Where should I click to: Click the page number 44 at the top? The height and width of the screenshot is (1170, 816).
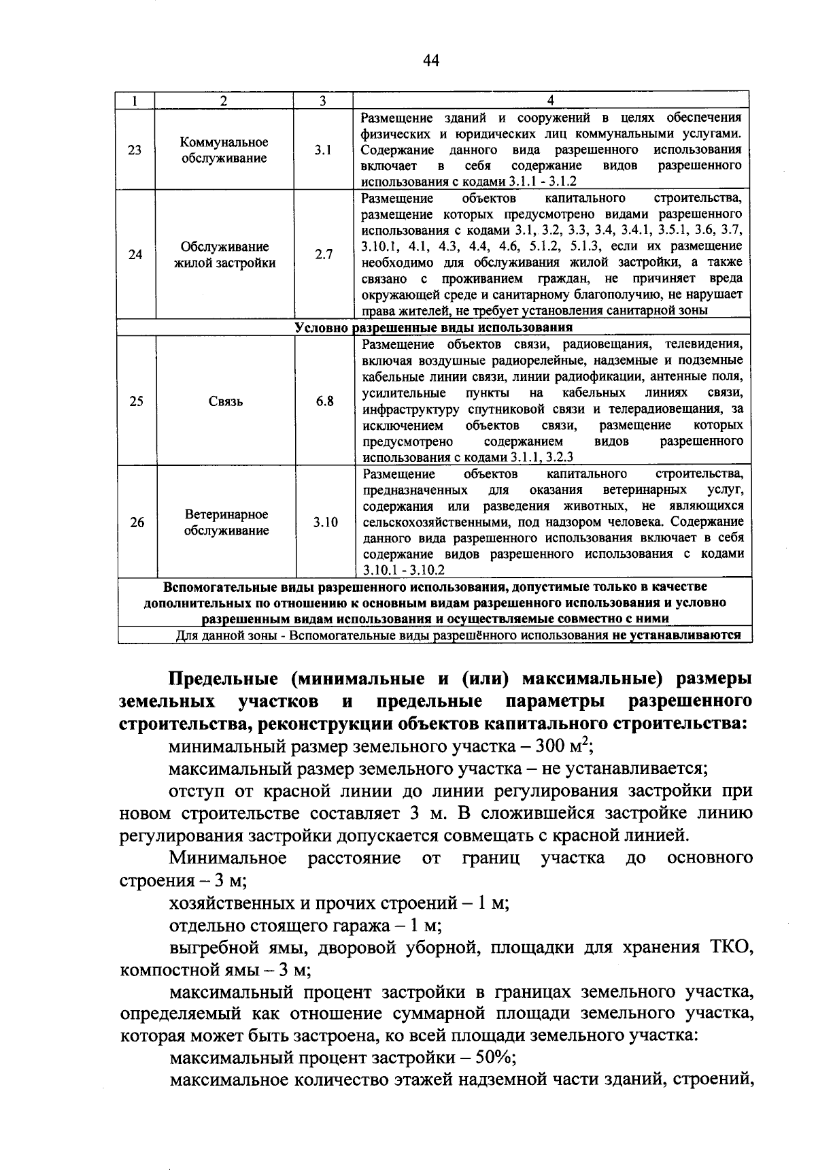pyautogui.click(x=431, y=61)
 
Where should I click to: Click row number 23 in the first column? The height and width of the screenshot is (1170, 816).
pyautogui.click(x=135, y=150)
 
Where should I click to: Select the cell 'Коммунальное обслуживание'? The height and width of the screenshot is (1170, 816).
pyautogui.click(x=224, y=150)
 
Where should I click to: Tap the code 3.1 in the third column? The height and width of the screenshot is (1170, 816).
pyautogui.click(x=323, y=150)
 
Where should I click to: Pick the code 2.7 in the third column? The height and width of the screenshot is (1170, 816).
pyautogui.click(x=324, y=255)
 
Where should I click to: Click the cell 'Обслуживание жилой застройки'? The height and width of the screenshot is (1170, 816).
pyautogui.click(x=225, y=255)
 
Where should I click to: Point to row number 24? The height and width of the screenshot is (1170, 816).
pyautogui.click(x=135, y=255)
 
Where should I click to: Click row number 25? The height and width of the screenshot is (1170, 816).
pyautogui.click(x=136, y=401)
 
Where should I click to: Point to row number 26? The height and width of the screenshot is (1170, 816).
pyautogui.click(x=137, y=522)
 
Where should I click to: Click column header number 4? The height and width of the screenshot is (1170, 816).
pyautogui.click(x=550, y=100)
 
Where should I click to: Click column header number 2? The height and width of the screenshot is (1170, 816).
pyautogui.click(x=224, y=100)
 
